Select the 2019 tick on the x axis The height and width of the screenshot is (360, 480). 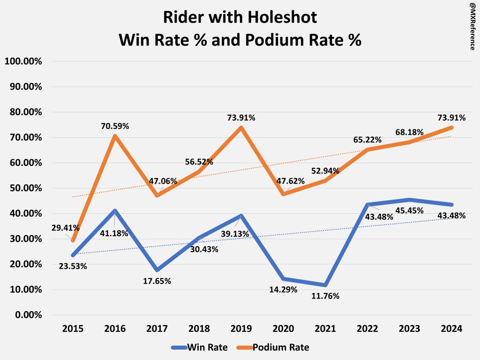[241, 329]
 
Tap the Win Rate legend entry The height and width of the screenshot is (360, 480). [199, 347]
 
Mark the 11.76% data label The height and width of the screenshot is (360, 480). [326, 296]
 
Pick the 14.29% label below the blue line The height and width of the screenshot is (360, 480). [284, 289]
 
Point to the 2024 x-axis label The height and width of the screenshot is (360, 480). [452, 329]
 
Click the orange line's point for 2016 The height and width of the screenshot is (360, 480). [115, 136]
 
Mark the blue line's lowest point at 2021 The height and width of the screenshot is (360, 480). [325, 285]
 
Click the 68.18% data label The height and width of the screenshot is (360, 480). [409, 133]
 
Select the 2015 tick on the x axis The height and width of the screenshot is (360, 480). [73, 329]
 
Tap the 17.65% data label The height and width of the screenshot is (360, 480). [157, 281]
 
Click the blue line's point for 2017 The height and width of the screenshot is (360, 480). [157, 270]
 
